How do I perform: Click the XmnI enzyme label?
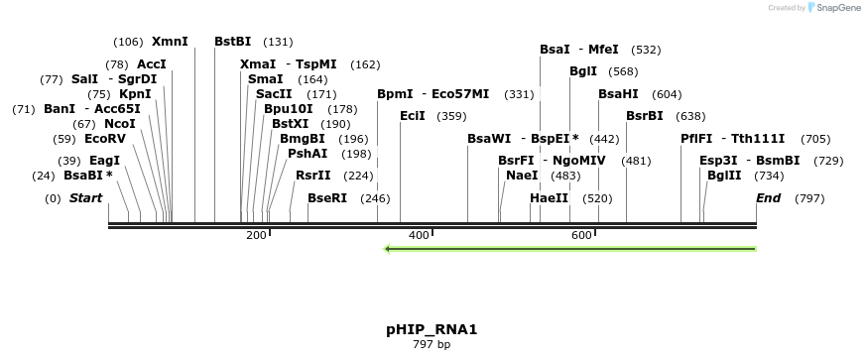[x=170, y=42]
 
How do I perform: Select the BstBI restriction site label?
[x=233, y=42]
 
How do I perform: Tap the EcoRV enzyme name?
[x=105, y=139]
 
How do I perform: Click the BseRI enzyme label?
[x=327, y=198]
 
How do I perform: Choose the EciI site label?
[x=413, y=116]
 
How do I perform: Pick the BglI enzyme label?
[x=583, y=71]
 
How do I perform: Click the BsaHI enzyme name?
[x=618, y=94]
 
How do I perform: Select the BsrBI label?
[x=645, y=116]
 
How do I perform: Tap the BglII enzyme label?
[x=724, y=176]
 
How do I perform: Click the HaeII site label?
[x=549, y=198]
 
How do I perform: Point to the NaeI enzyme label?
[x=522, y=176]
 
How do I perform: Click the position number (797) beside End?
[x=809, y=198]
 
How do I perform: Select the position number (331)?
[x=519, y=94]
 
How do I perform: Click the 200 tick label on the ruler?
[x=256, y=235]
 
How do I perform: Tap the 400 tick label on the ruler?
[x=419, y=235]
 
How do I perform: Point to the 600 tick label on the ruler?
[x=581, y=235]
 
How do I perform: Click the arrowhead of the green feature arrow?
[x=388, y=248]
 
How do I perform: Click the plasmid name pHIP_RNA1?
[x=432, y=328]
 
